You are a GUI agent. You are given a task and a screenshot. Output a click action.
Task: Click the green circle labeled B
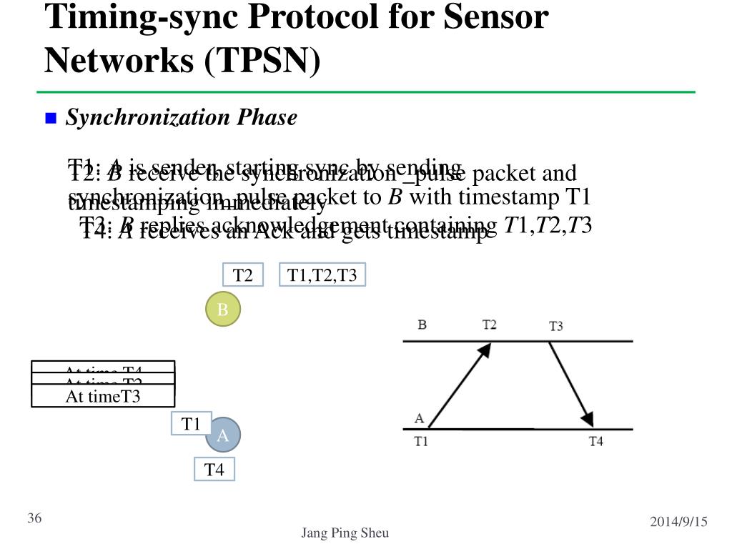click(x=223, y=310)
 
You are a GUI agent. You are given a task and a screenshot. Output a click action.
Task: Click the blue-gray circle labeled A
click(x=223, y=435)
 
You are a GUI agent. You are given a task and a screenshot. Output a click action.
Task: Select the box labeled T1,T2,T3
click(x=322, y=274)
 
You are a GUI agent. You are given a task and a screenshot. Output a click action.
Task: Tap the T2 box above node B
click(x=243, y=275)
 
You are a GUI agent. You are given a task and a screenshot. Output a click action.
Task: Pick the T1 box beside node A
click(x=191, y=424)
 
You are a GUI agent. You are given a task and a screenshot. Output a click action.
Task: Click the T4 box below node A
click(x=214, y=470)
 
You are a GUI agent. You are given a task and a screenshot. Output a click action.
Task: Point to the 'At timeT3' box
click(x=103, y=396)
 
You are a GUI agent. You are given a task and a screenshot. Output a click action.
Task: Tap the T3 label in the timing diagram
click(x=555, y=326)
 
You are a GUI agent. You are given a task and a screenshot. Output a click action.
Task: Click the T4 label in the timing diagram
click(x=595, y=442)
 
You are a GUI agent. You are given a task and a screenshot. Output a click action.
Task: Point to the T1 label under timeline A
click(x=421, y=442)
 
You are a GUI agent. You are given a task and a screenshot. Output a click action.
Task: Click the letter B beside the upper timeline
click(x=422, y=325)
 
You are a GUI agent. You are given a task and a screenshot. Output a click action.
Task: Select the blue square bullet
click(x=51, y=118)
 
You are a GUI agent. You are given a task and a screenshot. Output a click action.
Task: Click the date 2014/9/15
click(x=678, y=522)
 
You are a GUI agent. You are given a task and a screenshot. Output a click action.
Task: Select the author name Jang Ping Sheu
click(x=345, y=533)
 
